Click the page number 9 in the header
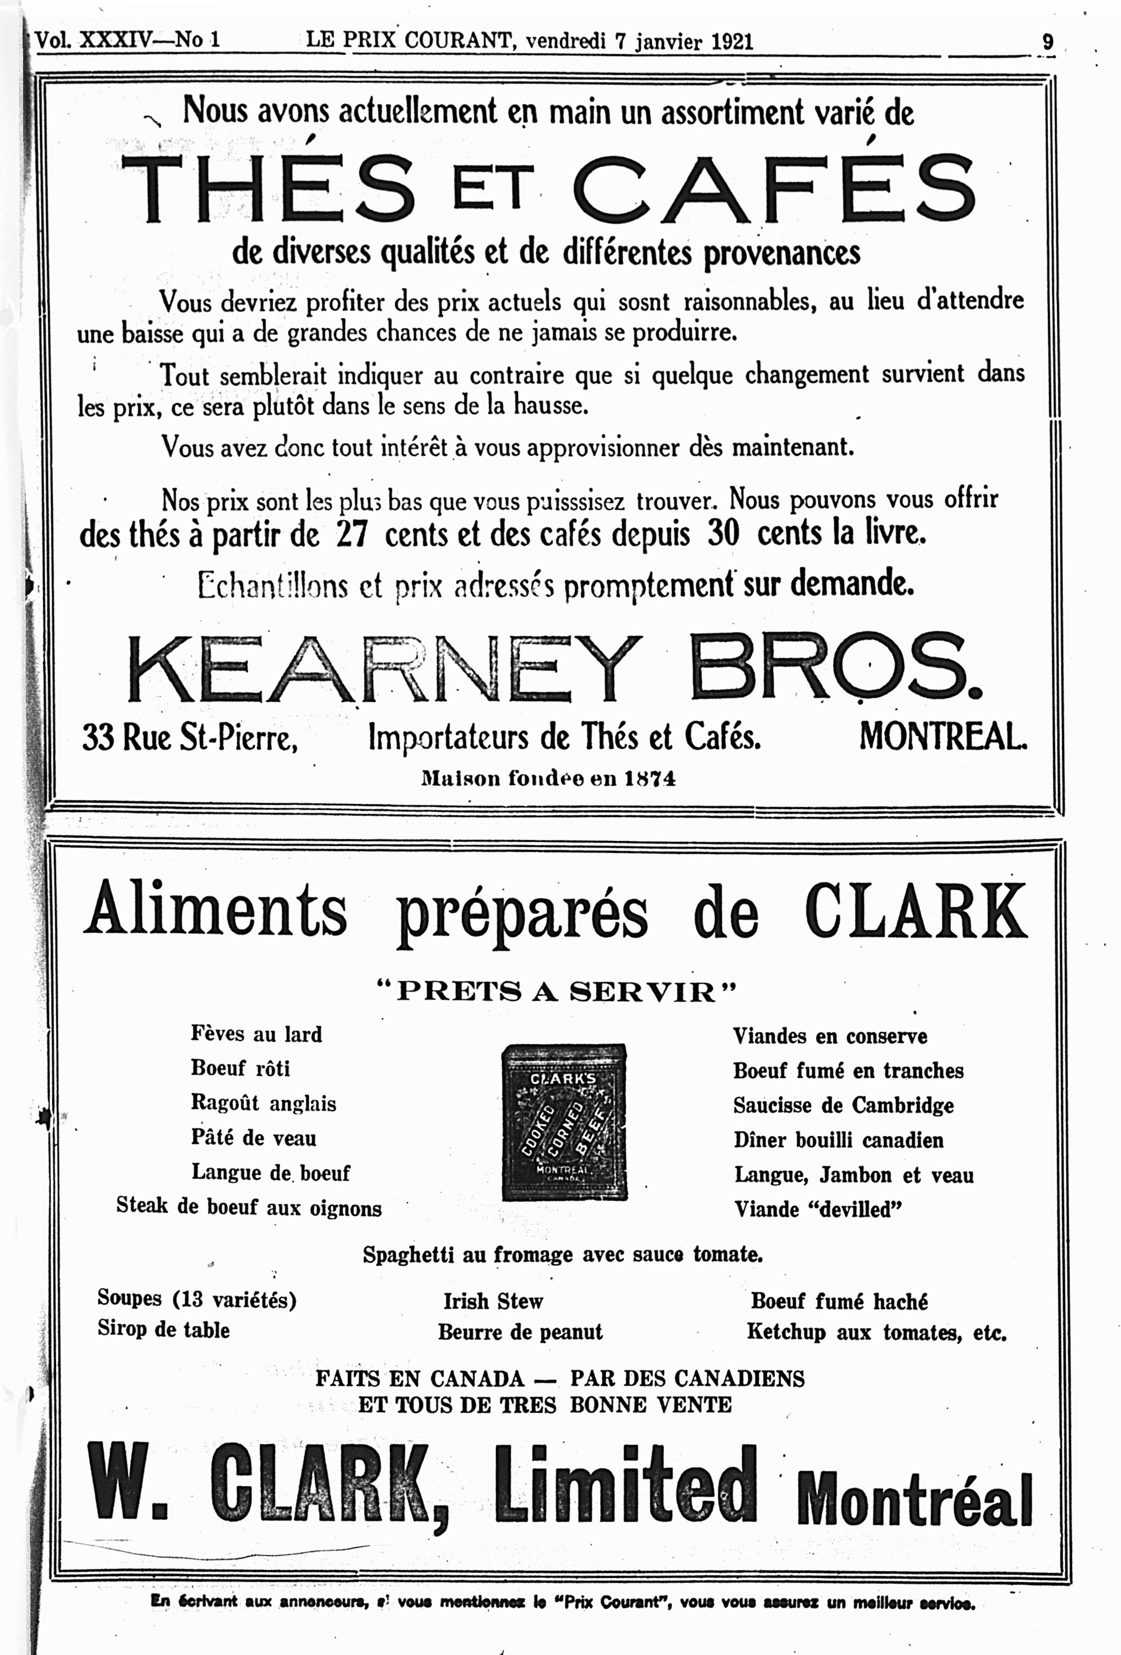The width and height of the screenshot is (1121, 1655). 1047,41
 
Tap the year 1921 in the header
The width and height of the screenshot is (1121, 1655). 731,41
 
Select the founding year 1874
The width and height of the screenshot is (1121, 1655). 650,778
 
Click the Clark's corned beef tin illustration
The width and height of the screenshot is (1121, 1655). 564,1123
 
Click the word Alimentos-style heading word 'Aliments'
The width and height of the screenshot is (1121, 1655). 215,910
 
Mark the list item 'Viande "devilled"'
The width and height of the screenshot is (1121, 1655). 818,1209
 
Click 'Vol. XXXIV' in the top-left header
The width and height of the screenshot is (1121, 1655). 93,40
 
